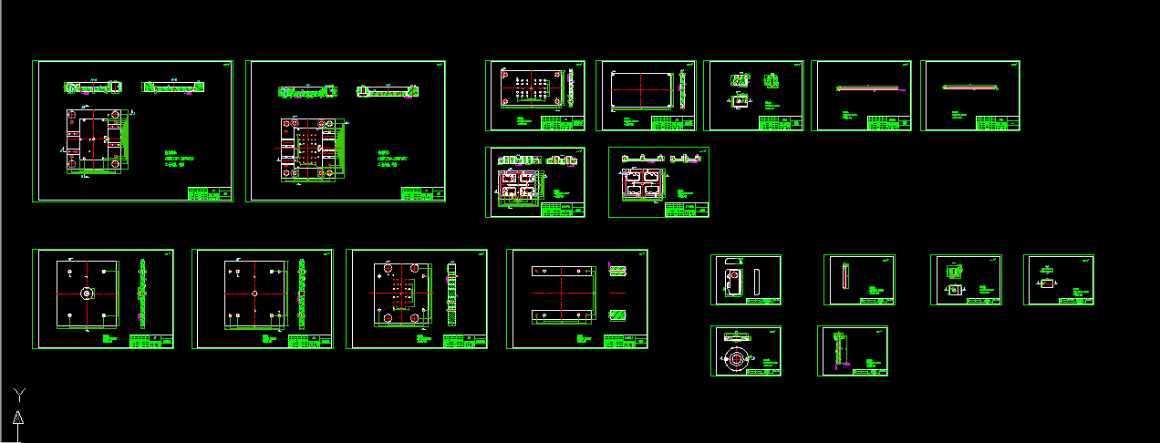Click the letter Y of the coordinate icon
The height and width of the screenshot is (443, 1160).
click(x=18, y=394)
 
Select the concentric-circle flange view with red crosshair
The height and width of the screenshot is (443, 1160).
click(x=735, y=359)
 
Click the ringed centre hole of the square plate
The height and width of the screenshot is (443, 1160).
click(x=87, y=294)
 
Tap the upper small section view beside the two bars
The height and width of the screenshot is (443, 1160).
click(x=617, y=271)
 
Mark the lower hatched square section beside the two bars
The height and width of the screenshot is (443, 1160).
click(x=617, y=315)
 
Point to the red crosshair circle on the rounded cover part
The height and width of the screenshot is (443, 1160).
click(x=730, y=275)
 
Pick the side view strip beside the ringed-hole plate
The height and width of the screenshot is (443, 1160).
click(x=142, y=294)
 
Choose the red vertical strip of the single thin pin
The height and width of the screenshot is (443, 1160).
click(x=847, y=275)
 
